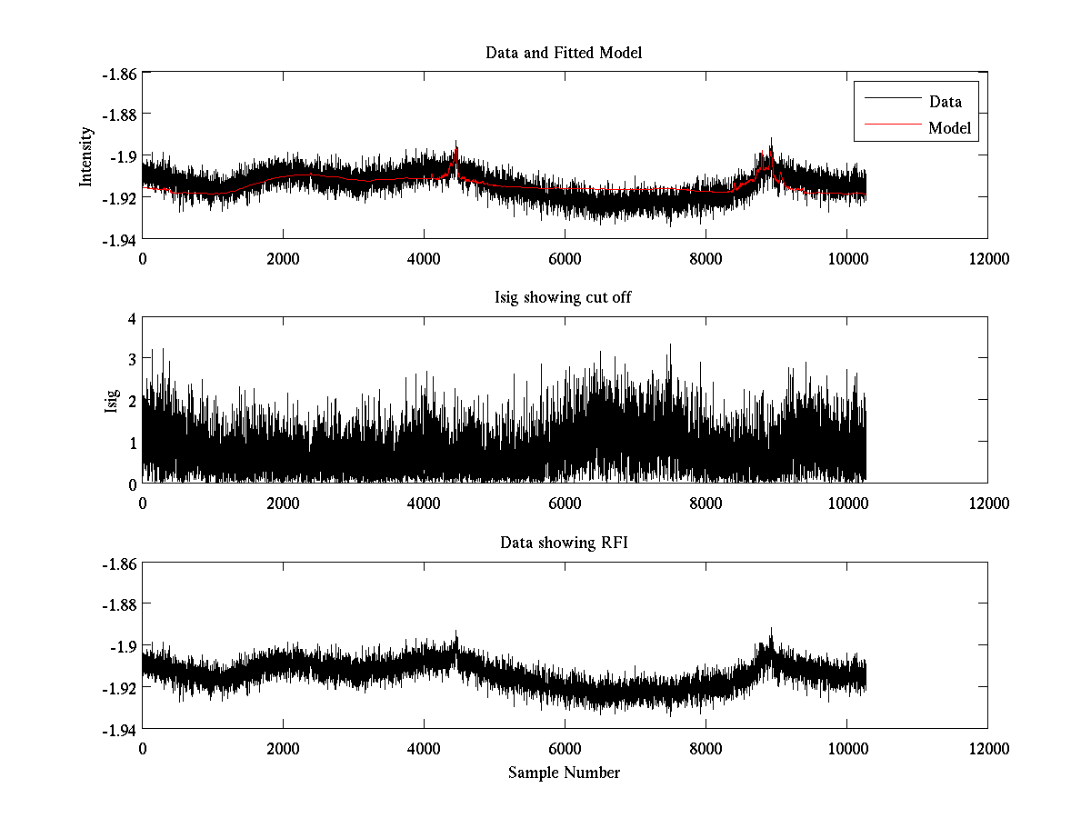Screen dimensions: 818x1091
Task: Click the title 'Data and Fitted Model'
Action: click(x=564, y=53)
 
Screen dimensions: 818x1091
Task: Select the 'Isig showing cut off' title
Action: click(x=564, y=298)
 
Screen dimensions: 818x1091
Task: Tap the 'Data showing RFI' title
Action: click(x=564, y=544)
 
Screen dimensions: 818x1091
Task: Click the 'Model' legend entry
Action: click(x=950, y=128)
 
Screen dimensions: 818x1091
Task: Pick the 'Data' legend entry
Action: click(x=945, y=102)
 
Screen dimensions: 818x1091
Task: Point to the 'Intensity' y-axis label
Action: click(x=86, y=155)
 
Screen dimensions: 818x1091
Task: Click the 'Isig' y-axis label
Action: click(x=112, y=401)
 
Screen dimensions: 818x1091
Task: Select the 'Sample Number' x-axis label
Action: click(x=564, y=773)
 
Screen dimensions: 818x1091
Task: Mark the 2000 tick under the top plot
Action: click(x=283, y=258)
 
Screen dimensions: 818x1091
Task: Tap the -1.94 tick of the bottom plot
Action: click(x=118, y=728)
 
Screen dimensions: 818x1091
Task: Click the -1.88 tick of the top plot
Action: click(x=118, y=115)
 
